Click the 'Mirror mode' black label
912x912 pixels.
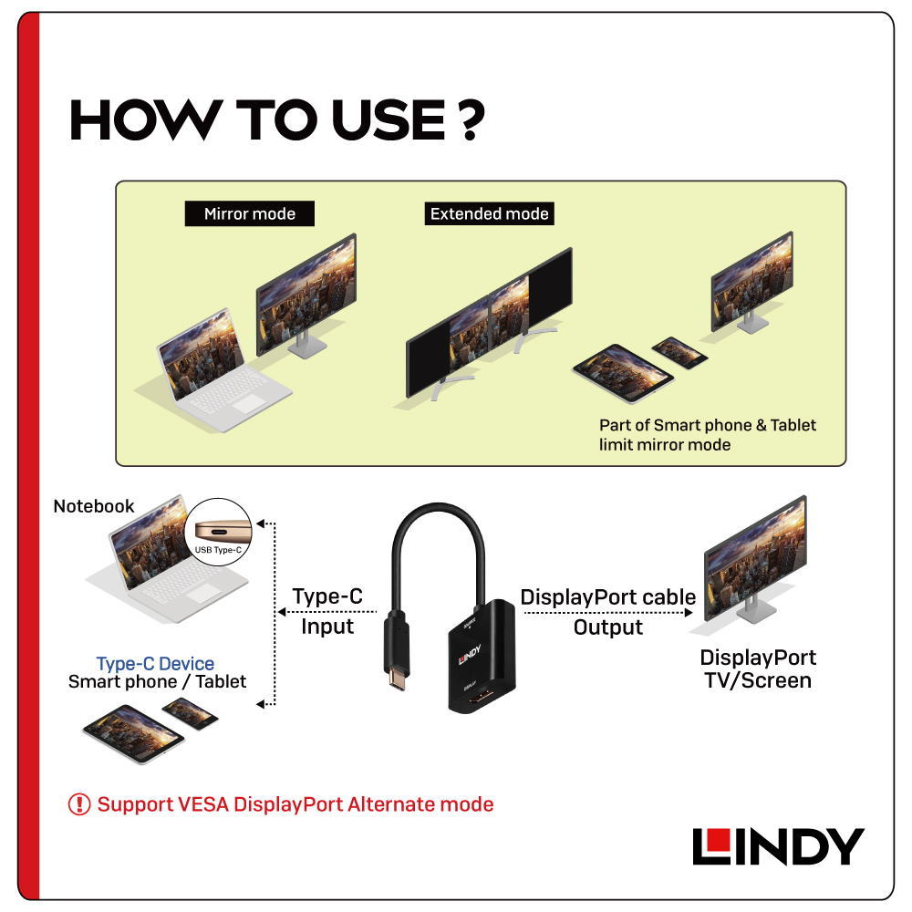(250, 213)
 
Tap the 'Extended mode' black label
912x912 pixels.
(489, 213)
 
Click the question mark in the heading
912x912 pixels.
(470, 119)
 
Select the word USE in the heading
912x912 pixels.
(389, 119)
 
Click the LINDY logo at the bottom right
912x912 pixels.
(778, 846)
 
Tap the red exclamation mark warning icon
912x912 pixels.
(79, 804)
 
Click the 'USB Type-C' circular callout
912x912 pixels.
(219, 532)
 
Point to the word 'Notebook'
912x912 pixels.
(94, 506)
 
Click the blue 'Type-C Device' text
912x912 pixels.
(155, 663)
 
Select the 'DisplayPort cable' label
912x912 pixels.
(607, 596)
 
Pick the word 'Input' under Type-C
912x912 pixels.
(327, 627)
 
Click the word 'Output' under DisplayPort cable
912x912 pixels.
(607, 627)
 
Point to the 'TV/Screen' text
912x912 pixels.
(758, 680)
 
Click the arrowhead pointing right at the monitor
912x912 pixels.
(689, 613)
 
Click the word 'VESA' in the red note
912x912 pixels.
(203, 804)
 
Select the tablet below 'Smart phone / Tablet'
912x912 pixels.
(134, 733)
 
